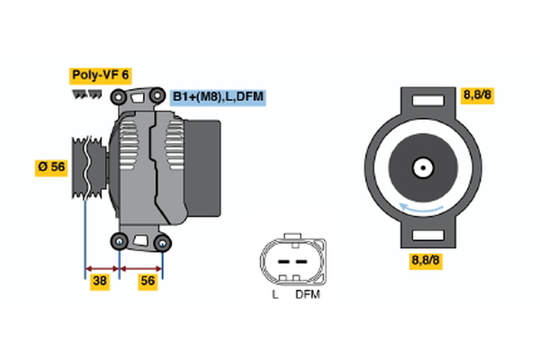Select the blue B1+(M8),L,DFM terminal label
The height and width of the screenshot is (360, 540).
pyautogui.click(x=220, y=96)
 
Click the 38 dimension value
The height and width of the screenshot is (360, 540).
pyautogui.click(x=101, y=281)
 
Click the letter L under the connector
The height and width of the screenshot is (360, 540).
pyautogui.click(x=274, y=294)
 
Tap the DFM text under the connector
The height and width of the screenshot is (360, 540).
pyautogui.click(x=307, y=294)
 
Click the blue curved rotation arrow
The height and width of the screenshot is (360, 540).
pyautogui.click(x=420, y=210)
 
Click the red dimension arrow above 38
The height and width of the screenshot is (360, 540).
pyautogui.click(x=102, y=267)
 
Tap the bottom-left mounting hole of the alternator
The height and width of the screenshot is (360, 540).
pyautogui.click(x=120, y=239)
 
